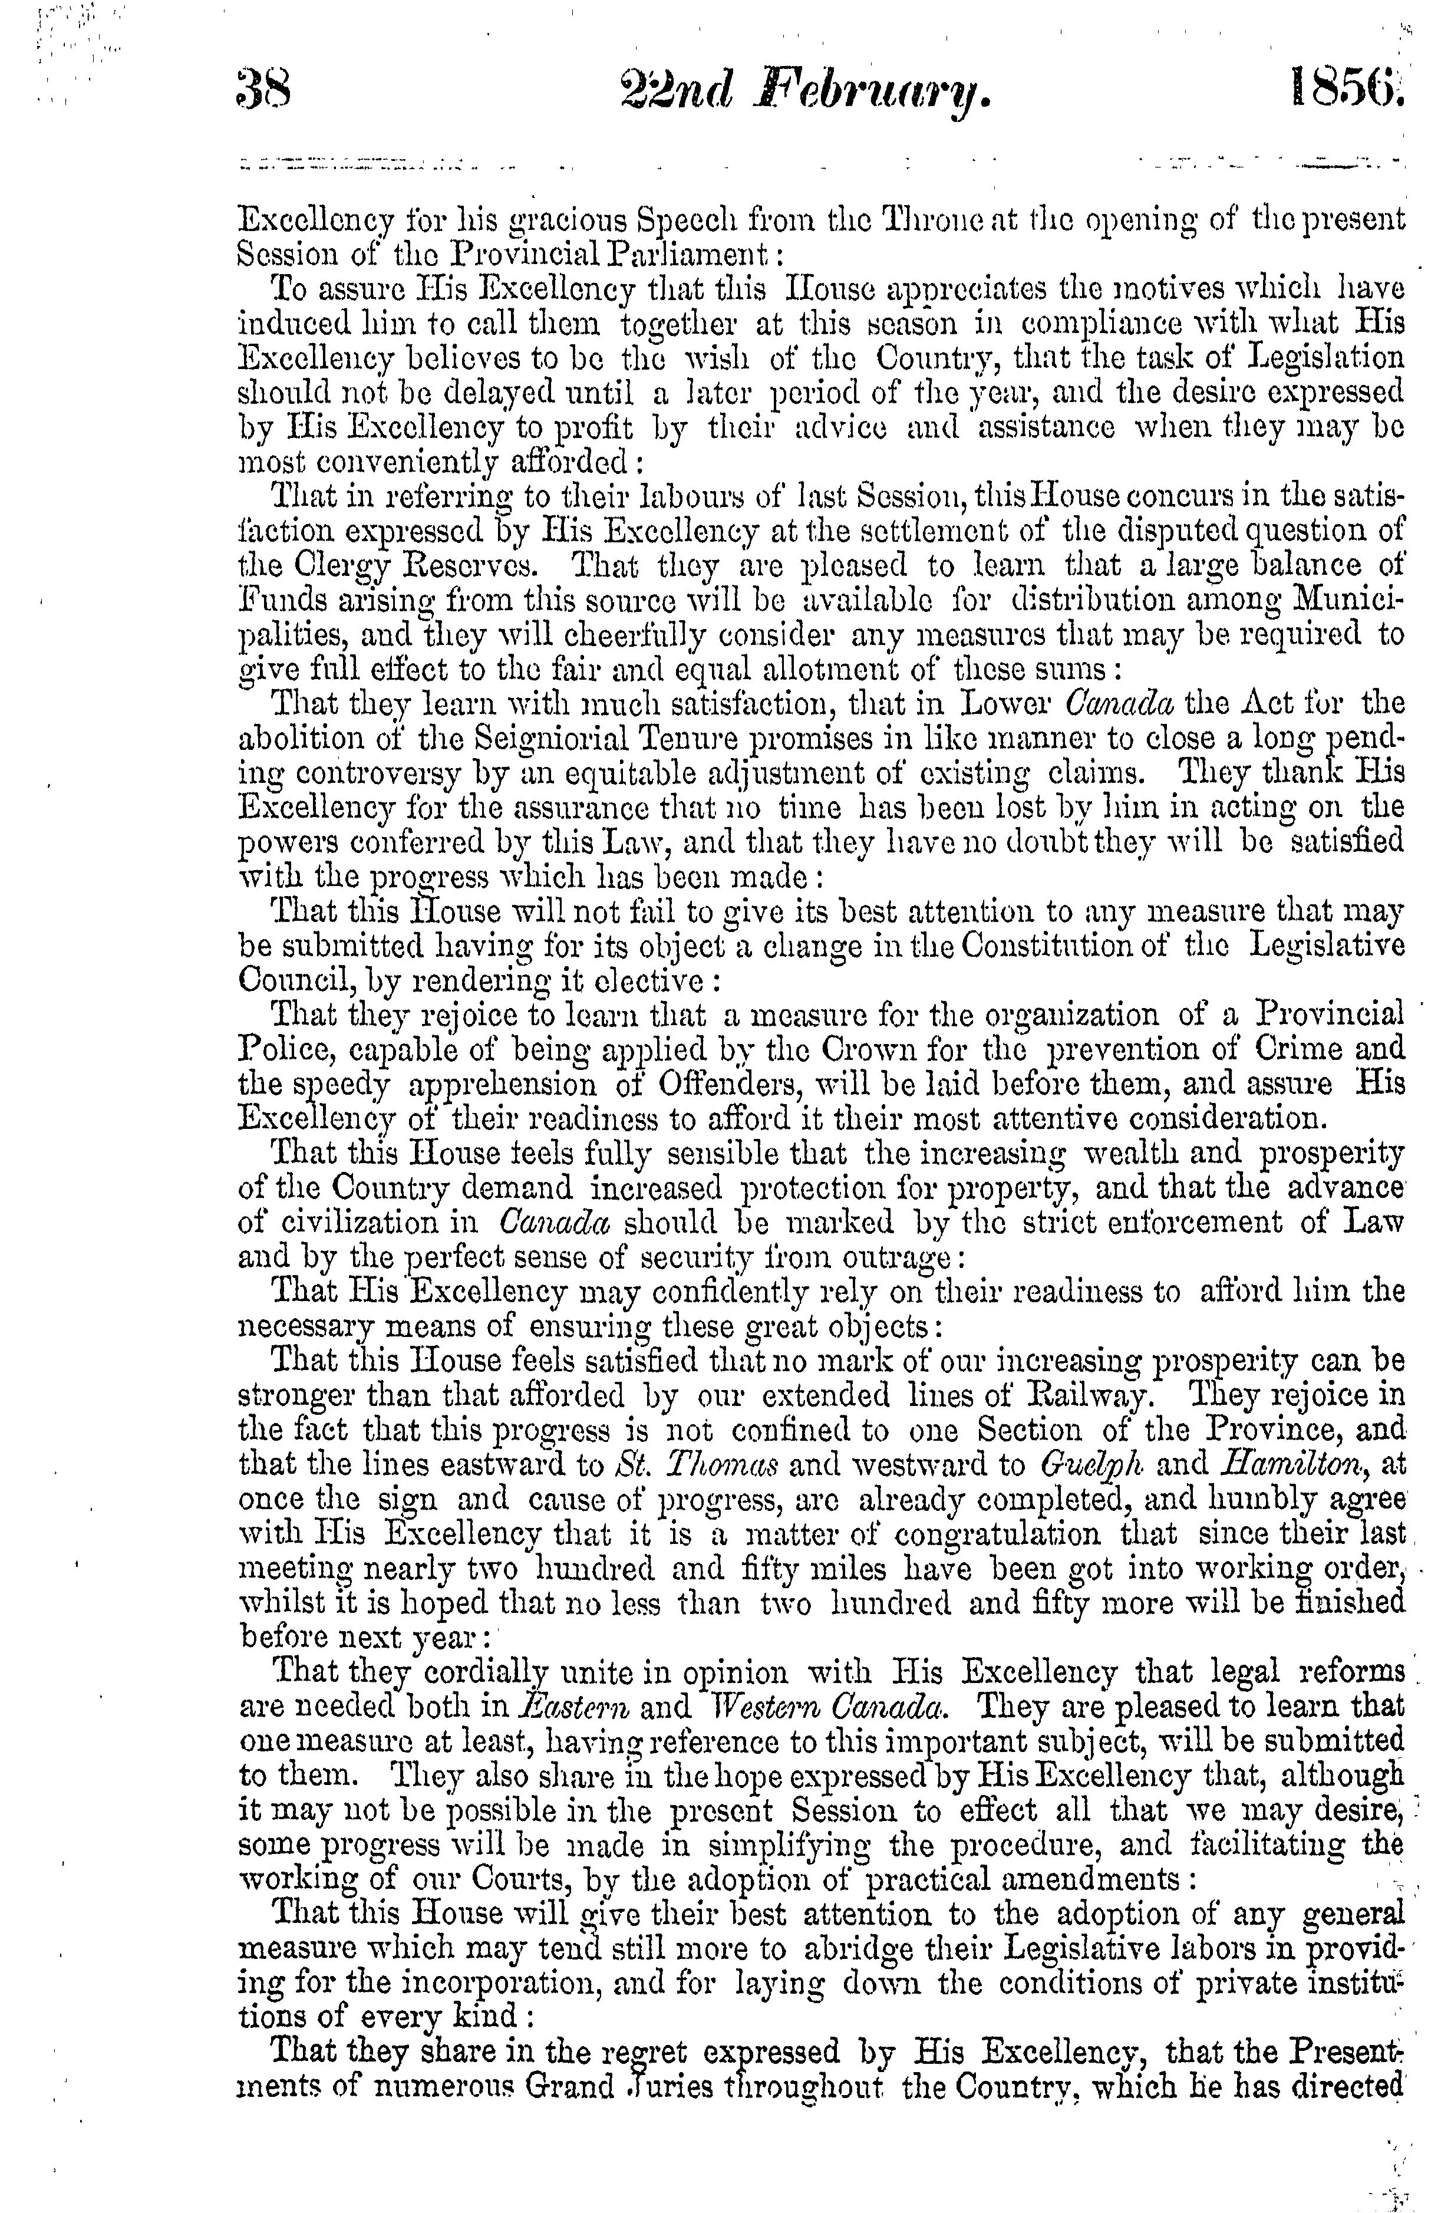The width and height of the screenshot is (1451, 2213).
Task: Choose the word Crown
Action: click(744, 1050)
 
